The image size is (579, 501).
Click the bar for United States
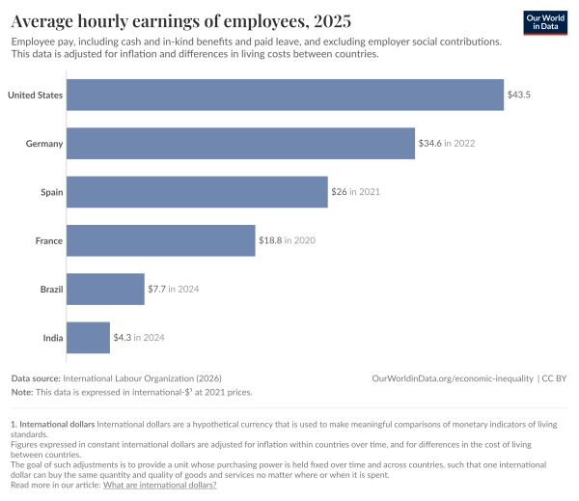coord(286,95)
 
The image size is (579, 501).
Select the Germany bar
coord(241,143)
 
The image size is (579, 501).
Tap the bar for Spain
coord(198,191)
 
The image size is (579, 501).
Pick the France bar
coord(161,240)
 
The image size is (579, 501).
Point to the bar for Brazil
coord(106,289)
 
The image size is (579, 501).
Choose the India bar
coord(89,337)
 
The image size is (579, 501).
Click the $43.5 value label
coord(519,95)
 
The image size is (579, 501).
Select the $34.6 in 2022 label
coord(447,143)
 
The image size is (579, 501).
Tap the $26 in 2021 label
coord(355,191)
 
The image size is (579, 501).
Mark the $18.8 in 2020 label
coord(287,240)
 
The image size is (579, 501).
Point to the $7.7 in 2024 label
coord(174,289)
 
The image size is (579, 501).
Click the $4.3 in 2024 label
coord(139,337)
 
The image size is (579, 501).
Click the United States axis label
coord(35,95)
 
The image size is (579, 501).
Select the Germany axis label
coord(44,143)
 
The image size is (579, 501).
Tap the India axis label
coord(51,337)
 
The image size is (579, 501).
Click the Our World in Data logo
coord(543,22)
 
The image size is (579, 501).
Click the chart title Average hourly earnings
coord(180,20)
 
